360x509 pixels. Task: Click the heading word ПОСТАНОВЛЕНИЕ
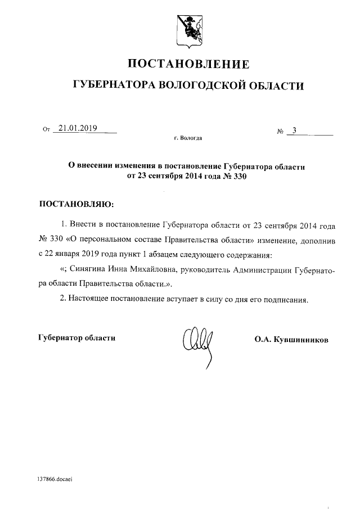click(188, 63)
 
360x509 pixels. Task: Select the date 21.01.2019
click(78, 128)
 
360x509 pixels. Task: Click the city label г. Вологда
click(188, 138)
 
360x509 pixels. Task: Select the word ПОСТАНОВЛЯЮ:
click(75, 203)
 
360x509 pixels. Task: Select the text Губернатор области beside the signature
click(76, 338)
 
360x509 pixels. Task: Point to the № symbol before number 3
click(280, 132)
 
